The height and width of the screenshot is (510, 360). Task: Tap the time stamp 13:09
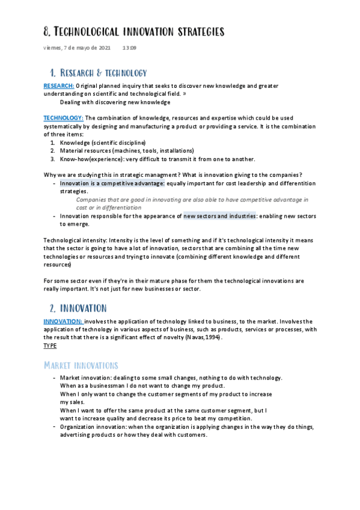[129, 48]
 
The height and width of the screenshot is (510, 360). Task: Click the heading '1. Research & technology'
[99, 73]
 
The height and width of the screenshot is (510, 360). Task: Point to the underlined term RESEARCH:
[58, 86]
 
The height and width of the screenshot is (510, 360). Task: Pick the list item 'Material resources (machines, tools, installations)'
[127, 150]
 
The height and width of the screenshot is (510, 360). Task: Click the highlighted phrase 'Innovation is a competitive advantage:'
[112, 183]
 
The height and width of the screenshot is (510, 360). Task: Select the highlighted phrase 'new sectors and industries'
[220, 215]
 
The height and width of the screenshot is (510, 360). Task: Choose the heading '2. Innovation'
[78, 308]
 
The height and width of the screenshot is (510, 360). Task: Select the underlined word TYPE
[50, 346]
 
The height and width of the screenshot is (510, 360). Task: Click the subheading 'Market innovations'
[81, 365]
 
